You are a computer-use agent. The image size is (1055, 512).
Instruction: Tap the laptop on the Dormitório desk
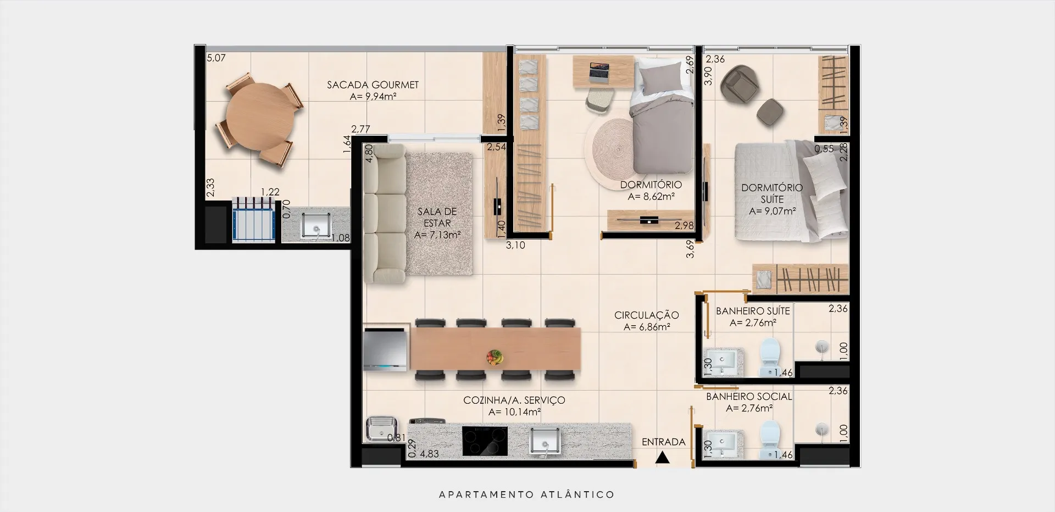(x=599, y=72)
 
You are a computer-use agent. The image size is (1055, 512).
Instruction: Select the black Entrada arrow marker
(x=663, y=457)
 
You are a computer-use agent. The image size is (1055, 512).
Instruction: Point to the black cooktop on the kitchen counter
(x=485, y=441)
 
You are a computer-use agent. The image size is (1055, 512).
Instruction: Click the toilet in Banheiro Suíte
(x=769, y=357)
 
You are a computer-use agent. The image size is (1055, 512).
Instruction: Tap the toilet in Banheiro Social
(x=769, y=440)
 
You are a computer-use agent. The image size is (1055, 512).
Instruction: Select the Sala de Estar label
(x=437, y=218)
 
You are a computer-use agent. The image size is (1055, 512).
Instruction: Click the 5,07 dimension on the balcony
(x=216, y=58)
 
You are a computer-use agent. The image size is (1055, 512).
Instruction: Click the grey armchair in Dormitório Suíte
(x=739, y=85)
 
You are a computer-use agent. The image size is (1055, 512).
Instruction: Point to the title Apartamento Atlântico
(x=527, y=494)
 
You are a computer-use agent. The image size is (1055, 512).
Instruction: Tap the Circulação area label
(x=647, y=315)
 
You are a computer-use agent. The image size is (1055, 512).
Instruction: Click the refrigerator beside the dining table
(x=386, y=347)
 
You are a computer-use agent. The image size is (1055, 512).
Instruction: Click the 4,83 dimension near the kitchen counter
(x=429, y=454)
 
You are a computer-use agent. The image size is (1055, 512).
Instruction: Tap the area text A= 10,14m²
(x=514, y=412)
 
